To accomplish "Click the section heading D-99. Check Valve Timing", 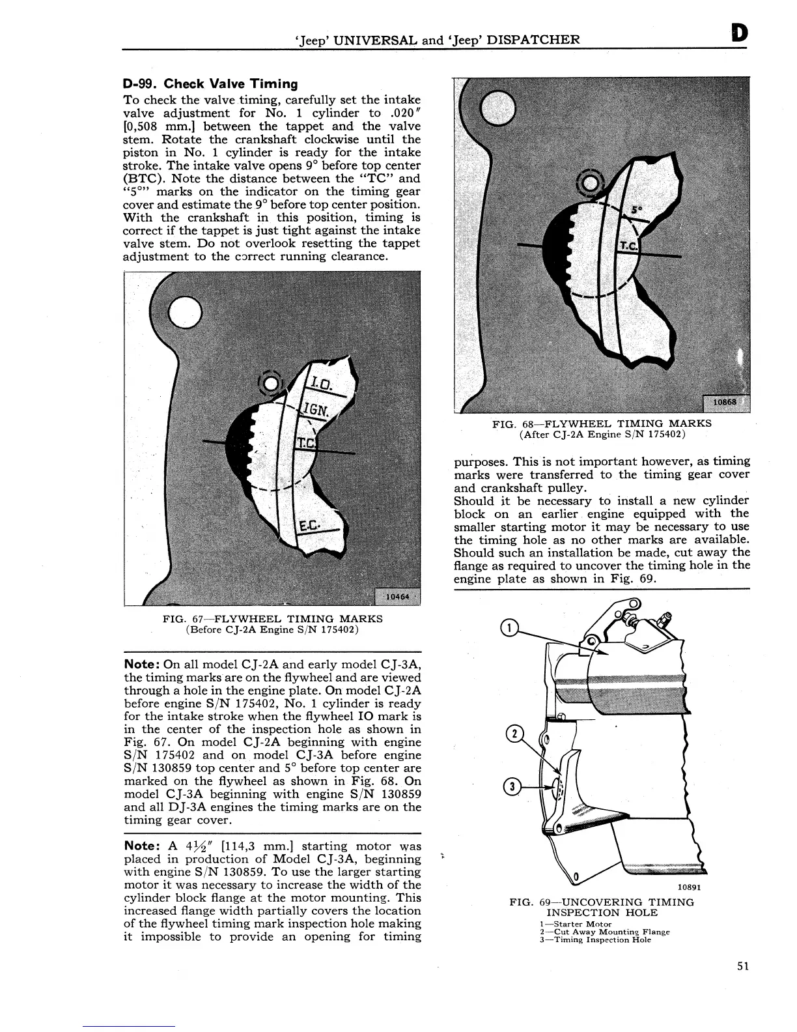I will click(210, 84).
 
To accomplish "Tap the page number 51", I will click(743, 966).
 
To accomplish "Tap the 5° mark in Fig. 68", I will click(636, 211).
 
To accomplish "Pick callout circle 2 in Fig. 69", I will click(514, 734).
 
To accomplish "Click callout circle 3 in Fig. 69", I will click(513, 786).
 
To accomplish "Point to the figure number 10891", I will click(689, 886).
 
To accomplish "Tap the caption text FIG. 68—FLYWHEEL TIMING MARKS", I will click(602, 423).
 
